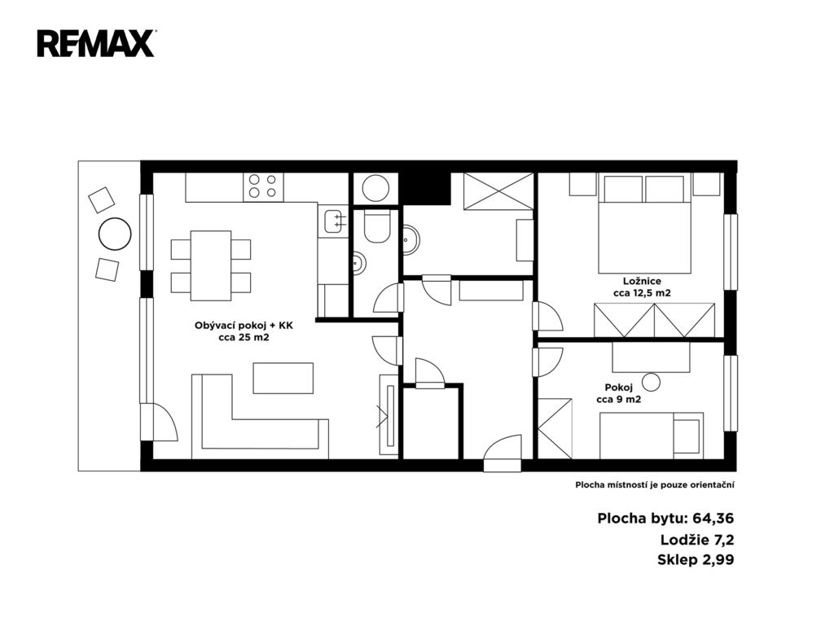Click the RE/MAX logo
(96, 44)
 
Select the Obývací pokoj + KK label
(244, 331)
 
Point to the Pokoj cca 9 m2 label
(619, 393)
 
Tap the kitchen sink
(333, 221)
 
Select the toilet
(377, 226)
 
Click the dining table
(211, 265)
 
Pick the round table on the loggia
(115, 234)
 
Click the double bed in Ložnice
(645, 224)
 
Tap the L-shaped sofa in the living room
(260, 417)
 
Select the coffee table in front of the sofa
(283, 378)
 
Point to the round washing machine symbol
(375, 188)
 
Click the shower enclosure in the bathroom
(498, 191)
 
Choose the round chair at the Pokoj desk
(651, 382)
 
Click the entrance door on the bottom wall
(503, 453)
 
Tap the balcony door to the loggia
(159, 422)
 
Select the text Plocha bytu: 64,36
(665, 519)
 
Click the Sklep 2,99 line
(696, 560)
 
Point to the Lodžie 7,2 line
(697, 540)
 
